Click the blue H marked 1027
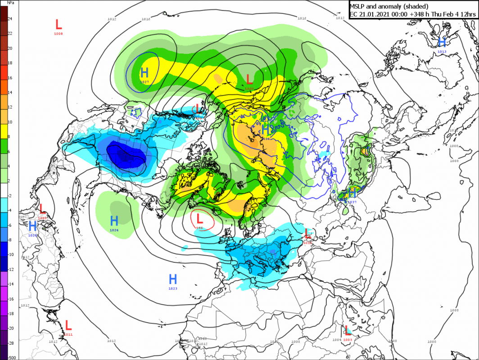[144, 72]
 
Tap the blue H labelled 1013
[442, 42]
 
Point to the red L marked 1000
[249, 79]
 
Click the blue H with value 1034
[266, 130]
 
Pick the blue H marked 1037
[352, 193]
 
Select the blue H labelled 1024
[114, 220]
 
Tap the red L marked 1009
[43, 208]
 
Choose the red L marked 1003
[347, 330]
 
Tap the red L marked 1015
[307, 233]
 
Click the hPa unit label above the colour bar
[10, 2]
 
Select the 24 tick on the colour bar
[9, 18]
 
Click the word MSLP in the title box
[359, 6]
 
